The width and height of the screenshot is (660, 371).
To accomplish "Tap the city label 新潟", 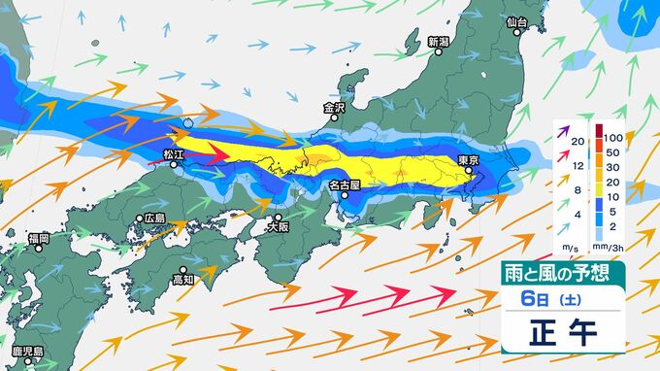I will (439, 42).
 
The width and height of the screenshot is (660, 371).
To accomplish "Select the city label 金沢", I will (334, 107).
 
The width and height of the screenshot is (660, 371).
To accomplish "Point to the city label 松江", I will (176, 153).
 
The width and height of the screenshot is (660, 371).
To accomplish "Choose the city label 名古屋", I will (344, 184).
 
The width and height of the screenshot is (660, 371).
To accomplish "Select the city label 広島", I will (154, 218).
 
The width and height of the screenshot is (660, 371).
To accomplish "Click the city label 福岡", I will (39, 237).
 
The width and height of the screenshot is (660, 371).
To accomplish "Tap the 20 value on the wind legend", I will (577, 142).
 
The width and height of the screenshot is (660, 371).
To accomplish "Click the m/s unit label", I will (567, 247).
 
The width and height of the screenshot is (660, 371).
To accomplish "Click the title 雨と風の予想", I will (562, 275).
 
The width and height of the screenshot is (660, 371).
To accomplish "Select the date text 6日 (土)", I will (561, 298).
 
